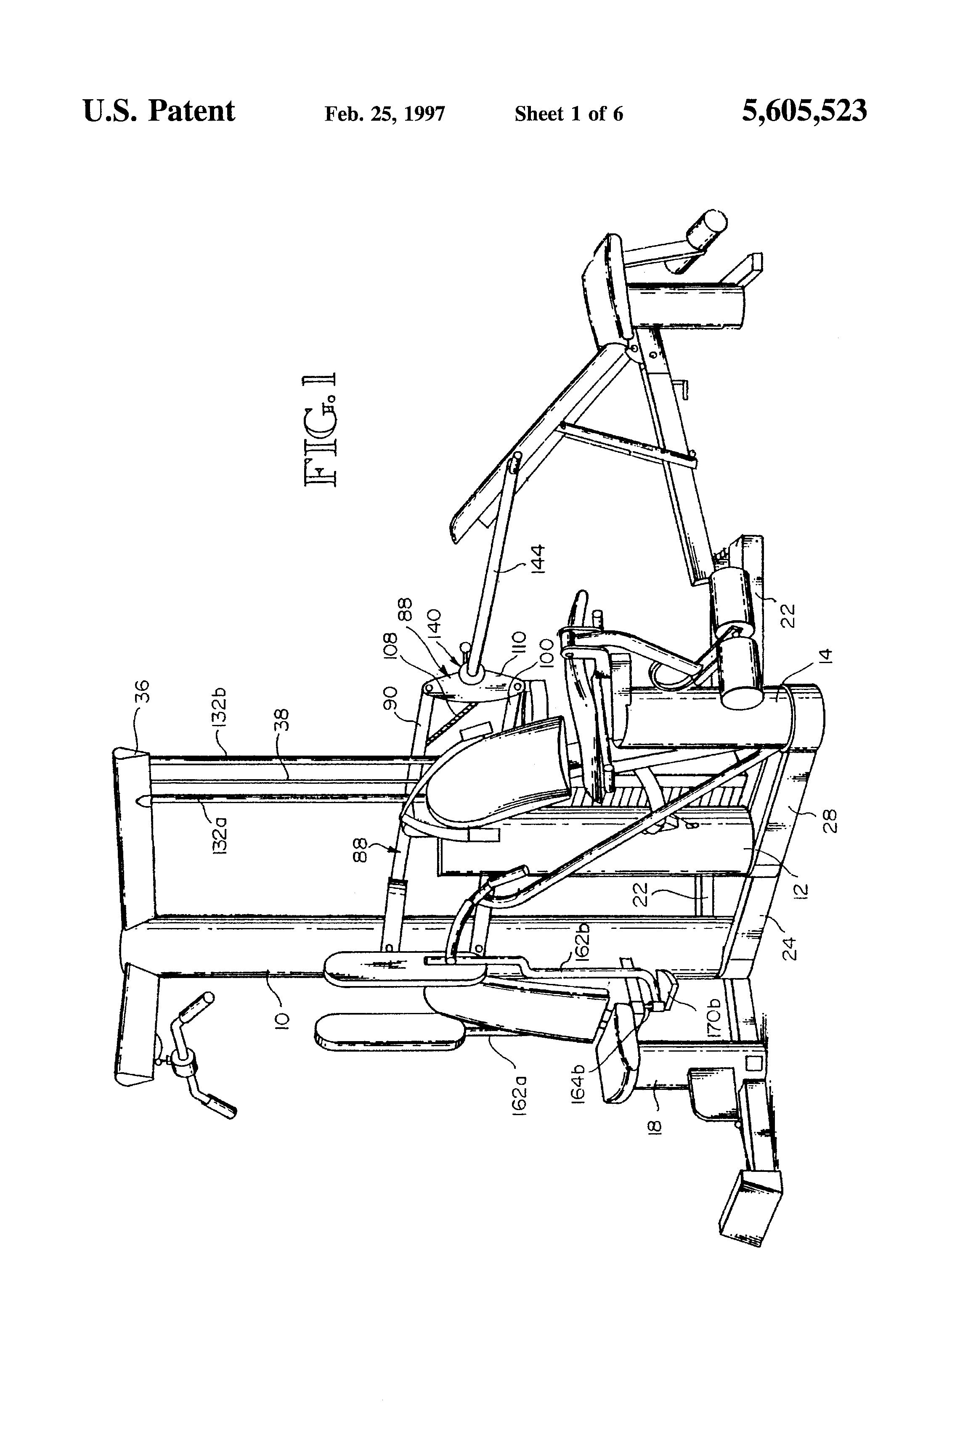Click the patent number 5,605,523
804,111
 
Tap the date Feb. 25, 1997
385,114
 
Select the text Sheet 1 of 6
568,114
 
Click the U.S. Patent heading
159,111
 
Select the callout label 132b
221,704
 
